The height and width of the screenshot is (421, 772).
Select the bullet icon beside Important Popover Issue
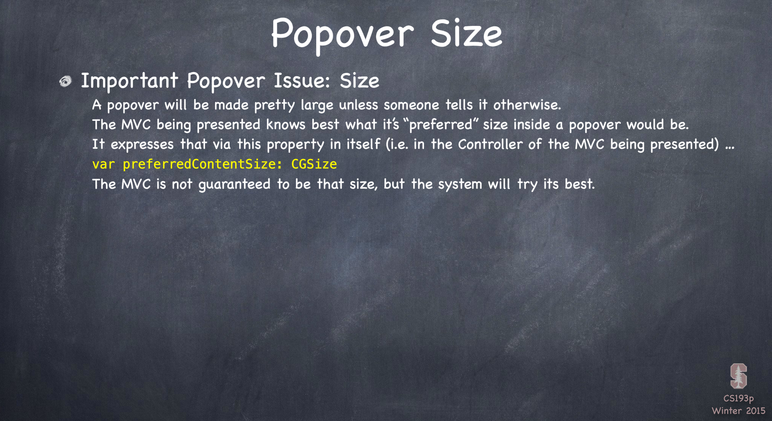click(65, 81)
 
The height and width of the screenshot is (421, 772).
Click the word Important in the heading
click(129, 81)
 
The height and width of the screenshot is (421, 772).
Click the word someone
click(411, 105)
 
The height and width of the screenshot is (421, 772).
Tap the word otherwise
click(527, 105)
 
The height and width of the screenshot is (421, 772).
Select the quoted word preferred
click(442, 125)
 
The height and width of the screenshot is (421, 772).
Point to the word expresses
click(142, 145)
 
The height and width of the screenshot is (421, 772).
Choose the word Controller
click(490, 144)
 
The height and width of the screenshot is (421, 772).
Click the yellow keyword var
click(103, 164)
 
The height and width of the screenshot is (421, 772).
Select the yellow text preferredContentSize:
click(202, 164)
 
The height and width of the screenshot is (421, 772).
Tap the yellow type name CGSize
click(314, 164)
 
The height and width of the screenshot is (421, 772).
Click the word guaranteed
click(234, 185)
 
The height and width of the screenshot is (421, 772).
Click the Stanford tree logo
click(738, 376)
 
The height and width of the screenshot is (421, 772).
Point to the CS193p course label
click(738, 398)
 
